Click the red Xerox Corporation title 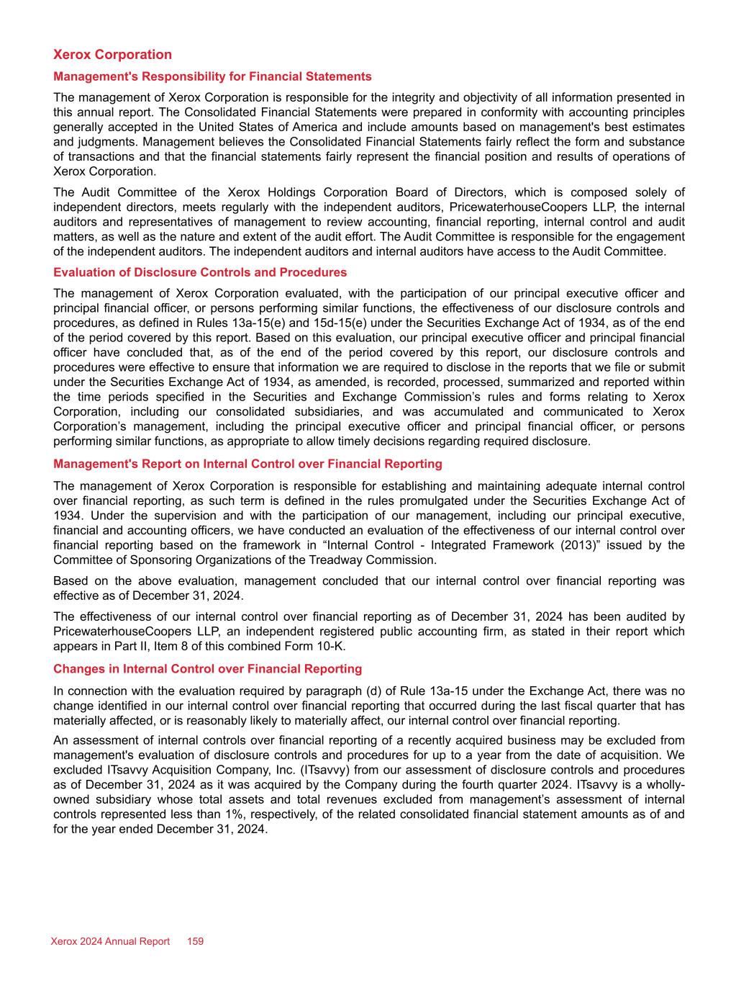(x=112, y=55)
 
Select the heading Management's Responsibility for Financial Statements (x=212, y=76)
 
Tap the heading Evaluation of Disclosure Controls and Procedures (x=200, y=272)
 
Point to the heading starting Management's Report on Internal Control (x=247, y=464)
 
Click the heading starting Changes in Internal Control (x=207, y=669)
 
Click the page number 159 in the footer (x=196, y=941)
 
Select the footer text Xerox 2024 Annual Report (x=111, y=941)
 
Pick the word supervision (x=183, y=516)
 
